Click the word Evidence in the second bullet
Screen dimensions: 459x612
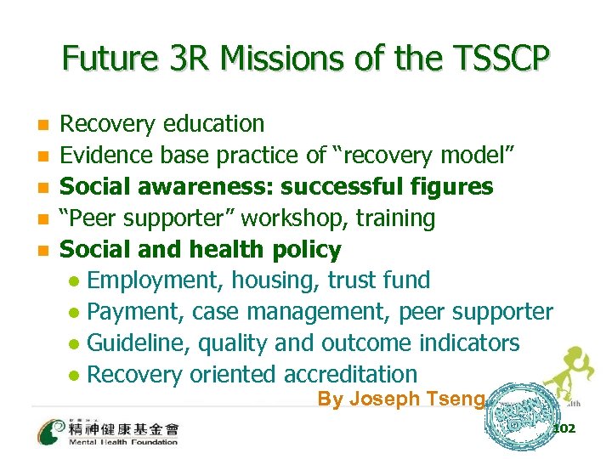104,156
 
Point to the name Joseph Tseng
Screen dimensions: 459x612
401,399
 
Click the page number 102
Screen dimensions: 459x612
564,428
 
